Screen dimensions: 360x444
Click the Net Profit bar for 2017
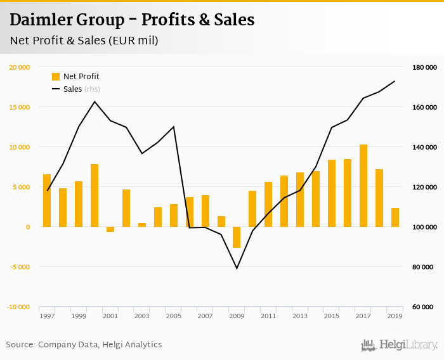(x=363, y=186)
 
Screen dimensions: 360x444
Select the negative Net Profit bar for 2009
(x=237, y=237)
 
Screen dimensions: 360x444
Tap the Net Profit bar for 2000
(x=95, y=195)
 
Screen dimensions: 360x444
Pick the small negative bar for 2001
(x=110, y=229)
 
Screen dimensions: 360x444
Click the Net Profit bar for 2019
(x=395, y=217)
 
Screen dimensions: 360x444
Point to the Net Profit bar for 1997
(x=47, y=200)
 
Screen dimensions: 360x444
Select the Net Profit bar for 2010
(x=252, y=209)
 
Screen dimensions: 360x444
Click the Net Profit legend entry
(x=75, y=77)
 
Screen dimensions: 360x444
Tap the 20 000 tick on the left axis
(x=19, y=67)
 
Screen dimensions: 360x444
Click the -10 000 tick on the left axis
(x=18, y=307)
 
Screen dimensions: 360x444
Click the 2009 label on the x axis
(x=237, y=316)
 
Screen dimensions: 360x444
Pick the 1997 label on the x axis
(x=47, y=316)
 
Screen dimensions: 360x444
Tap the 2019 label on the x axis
(x=395, y=316)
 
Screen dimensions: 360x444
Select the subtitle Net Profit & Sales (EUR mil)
(x=84, y=41)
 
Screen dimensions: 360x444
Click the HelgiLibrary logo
(x=399, y=345)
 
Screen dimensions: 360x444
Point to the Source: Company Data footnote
(x=84, y=345)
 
